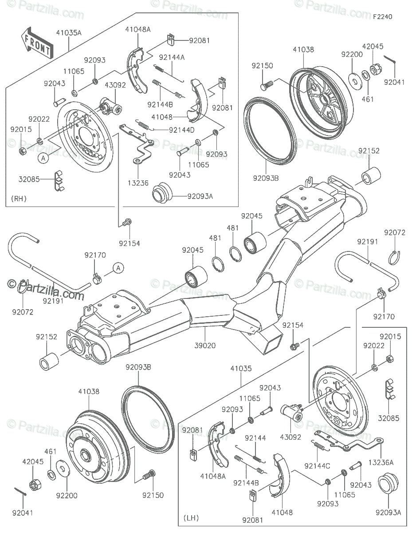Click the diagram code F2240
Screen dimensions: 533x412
(x=382, y=17)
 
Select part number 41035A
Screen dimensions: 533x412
(x=69, y=33)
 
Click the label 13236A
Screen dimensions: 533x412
(x=381, y=462)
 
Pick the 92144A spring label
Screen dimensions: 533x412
(x=173, y=57)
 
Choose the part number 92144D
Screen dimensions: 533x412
(x=181, y=130)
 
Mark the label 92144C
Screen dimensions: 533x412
(x=318, y=465)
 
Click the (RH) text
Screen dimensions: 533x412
(x=19, y=199)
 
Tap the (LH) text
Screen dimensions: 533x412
(x=191, y=518)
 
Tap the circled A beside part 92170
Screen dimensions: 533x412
(x=118, y=267)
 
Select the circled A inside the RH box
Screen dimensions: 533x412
(x=43, y=157)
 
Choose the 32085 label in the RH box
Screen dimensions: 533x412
(x=28, y=179)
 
